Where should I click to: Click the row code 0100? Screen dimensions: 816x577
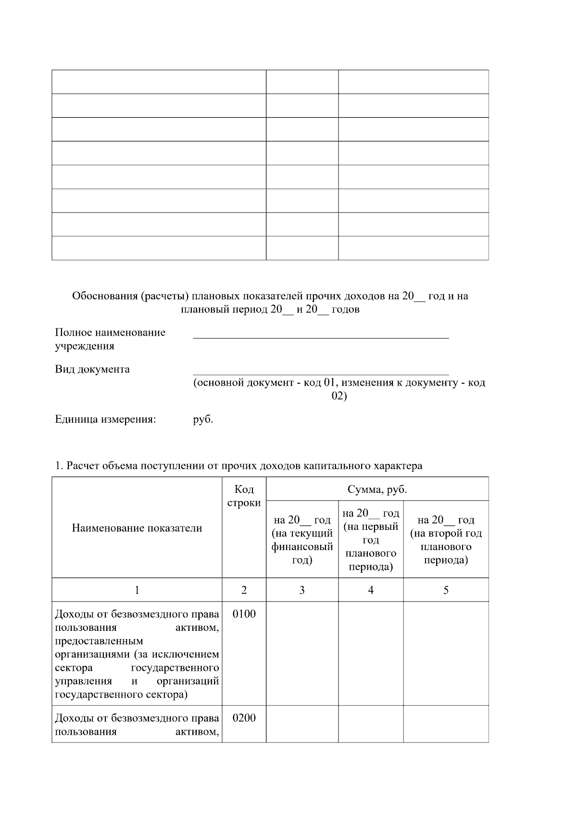(244, 614)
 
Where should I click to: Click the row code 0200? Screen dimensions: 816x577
(244, 718)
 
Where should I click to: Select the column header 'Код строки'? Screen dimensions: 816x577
(244, 496)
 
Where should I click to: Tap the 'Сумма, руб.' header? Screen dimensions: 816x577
(377, 490)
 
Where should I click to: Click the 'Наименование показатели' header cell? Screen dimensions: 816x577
(137, 528)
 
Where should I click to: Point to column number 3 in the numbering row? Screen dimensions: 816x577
(302, 590)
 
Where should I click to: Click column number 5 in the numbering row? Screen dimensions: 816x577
(446, 590)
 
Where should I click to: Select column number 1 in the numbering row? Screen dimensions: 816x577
(137, 590)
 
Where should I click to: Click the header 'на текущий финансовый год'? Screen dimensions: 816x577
(302, 540)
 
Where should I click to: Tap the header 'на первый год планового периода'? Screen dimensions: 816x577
(371, 540)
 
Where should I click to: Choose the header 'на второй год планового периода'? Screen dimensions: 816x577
(446, 540)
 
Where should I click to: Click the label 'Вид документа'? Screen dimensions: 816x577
(92, 369)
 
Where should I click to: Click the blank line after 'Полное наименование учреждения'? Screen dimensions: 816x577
(321, 334)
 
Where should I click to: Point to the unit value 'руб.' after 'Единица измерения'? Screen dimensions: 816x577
(203, 419)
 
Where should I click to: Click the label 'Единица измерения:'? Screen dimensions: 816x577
(106, 419)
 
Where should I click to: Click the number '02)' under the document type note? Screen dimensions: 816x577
(339, 396)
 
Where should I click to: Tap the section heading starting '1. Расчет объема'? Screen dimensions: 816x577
(238, 465)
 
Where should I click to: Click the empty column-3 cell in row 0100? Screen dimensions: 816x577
(302, 653)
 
